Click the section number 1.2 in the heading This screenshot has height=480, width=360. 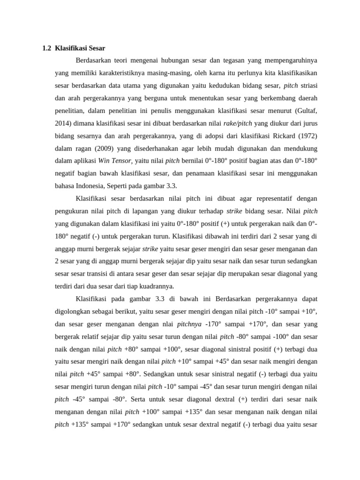pyautogui.click(x=46, y=48)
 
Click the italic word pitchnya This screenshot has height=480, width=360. pyautogui.click(x=189, y=324)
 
